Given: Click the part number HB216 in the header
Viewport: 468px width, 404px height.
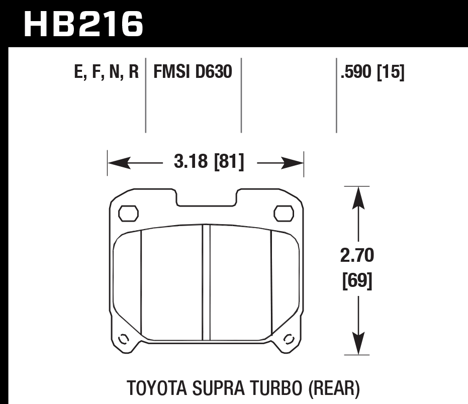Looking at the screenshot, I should pos(83,24).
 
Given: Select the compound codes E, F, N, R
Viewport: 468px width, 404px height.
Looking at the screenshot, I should pos(106,73).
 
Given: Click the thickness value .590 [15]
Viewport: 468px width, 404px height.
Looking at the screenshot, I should pos(372,73).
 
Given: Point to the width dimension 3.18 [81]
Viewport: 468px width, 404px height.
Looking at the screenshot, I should pos(209,163).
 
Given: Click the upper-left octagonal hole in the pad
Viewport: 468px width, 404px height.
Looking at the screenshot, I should pos(128,213).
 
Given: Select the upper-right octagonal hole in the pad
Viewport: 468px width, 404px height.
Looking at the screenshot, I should pos(284,213).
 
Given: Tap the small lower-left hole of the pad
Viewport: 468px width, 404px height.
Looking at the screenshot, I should pos(122,339).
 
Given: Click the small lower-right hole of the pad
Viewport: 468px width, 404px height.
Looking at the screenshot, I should pos(289,339).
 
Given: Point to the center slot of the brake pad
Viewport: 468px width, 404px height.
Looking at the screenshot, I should pos(206,282).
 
